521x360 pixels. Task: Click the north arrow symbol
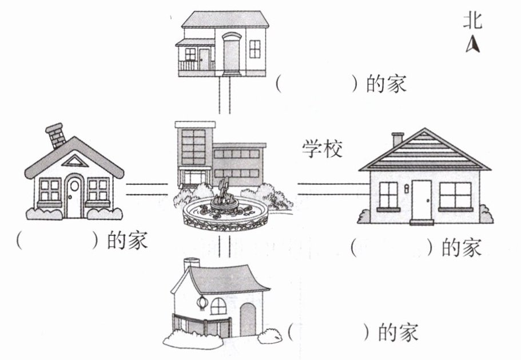click(x=473, y=45)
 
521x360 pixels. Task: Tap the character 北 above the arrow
click(x=473, y=22)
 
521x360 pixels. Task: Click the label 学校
click(x=323, y=149)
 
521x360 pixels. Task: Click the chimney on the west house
click(x=56, y=135)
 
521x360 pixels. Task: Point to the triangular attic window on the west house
click(x=74, y=161)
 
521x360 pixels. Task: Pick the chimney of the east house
click(x=397, y=139)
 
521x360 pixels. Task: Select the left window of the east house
click(x=388, y=195)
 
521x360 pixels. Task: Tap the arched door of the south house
click(x=248, y=319)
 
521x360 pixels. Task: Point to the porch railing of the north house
click(x=188, y=65)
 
